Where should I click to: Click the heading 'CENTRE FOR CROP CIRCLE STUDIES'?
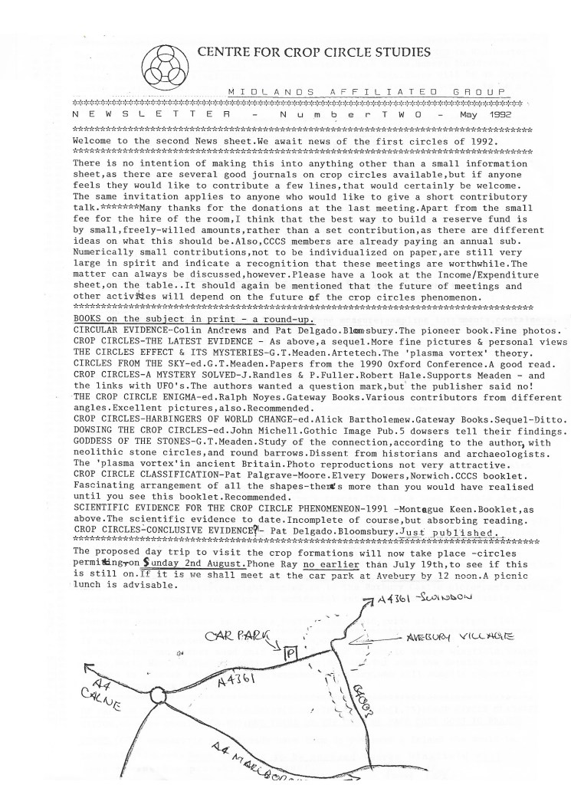[x=313, y=53]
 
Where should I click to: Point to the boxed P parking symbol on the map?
[x=290, y=653]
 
